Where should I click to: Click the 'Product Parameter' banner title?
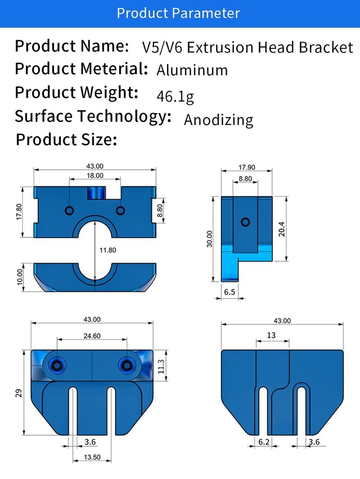[178, 13]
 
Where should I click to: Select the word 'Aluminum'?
[192, 70]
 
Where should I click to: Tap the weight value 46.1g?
[175, 97]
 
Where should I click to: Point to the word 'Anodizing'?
[219, 120]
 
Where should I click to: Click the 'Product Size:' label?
[66, 139]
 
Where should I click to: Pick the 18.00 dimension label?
[95, 176]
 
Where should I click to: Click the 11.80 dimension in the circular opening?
[108, 250]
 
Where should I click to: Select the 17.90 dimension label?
[247, 167]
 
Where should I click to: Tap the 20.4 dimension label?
[281, 229]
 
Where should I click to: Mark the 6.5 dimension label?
[230, 292]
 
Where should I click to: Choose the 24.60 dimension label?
[92, 336]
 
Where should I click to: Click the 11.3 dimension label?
[161, 366]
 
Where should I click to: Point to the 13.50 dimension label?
[92, 457]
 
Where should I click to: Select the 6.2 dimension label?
[264, 442]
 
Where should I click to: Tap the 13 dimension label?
[271, 335]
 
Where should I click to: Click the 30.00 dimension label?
[210, 239]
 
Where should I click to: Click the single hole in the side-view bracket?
[245, 222]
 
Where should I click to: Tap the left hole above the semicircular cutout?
[69, 210]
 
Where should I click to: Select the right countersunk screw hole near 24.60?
[126, 365]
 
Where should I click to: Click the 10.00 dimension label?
[20, 277]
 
